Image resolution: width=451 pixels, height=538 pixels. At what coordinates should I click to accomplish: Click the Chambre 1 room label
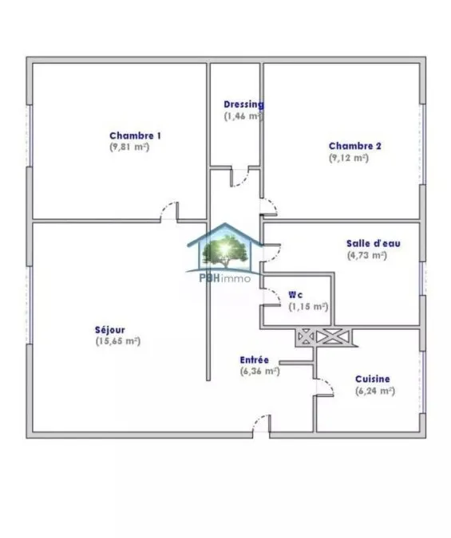135,135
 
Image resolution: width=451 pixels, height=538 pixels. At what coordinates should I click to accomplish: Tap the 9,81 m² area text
129,147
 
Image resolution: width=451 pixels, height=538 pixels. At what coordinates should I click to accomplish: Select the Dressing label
243,104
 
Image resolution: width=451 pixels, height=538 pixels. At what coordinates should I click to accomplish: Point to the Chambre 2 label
354,146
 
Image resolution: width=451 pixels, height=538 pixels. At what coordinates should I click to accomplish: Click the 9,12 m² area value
349,158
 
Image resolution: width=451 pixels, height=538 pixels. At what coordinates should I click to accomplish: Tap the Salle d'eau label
374,244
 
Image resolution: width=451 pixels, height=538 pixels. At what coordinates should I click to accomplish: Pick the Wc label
295,295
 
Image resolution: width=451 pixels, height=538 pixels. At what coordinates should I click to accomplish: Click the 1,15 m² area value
308,306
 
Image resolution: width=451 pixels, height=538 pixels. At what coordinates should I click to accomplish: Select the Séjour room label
110,330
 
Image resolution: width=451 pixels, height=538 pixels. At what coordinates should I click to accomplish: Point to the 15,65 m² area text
118,341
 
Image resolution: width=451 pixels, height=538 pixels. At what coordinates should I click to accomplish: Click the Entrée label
255,360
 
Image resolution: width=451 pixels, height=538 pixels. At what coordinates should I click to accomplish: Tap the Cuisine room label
373,379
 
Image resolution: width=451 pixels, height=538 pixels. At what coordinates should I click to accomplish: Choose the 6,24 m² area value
375,391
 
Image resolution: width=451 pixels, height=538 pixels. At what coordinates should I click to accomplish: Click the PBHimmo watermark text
225,278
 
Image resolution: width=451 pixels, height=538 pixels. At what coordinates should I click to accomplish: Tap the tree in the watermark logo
225,251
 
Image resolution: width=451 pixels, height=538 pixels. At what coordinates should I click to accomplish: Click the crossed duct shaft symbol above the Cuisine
325,337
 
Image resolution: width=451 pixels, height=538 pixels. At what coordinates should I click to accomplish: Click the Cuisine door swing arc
329,383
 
